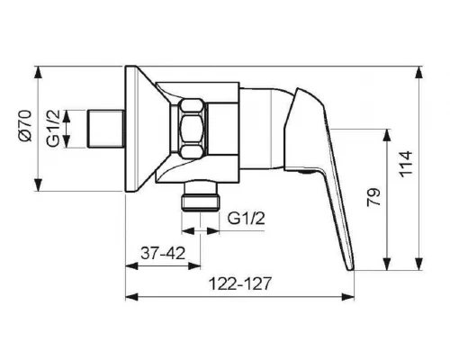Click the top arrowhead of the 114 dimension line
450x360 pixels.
(418, 71)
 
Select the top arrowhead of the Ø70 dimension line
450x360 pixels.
(37, 71)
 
